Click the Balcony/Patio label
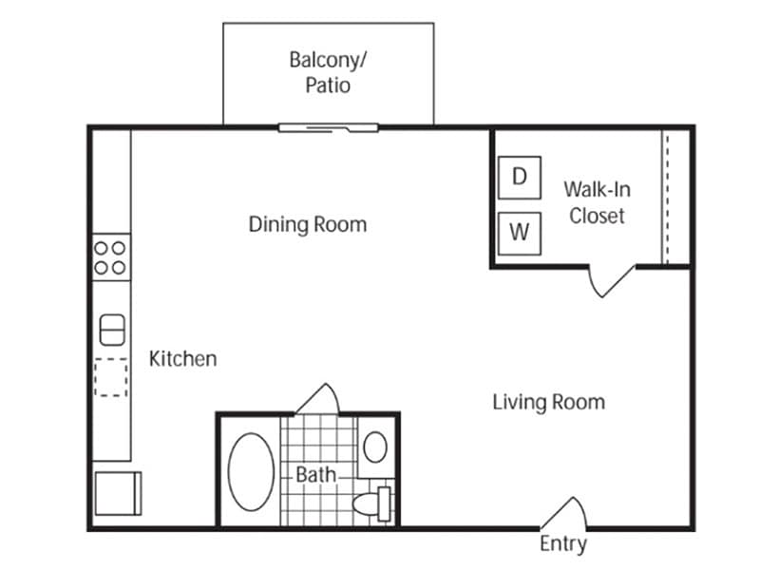(328, 72)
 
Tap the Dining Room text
(308, 224)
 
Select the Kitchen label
(182, 359)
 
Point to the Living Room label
(549, 402)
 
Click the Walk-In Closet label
(598, 202)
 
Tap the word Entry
(563, 543)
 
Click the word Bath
(315, 474)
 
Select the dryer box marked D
(520, 178)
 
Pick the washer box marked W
(520, 233)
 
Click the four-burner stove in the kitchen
(111, 257)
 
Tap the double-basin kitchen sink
(112, 330)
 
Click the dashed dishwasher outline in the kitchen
(111, 377)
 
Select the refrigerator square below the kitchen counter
(118, 493)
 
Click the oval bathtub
(251, 471)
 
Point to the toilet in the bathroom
(372, 504)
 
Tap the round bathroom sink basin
(375, 446)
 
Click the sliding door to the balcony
(328, 128)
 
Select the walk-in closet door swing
(612, 281)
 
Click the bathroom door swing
(317, 399)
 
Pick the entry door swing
(563, 512)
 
